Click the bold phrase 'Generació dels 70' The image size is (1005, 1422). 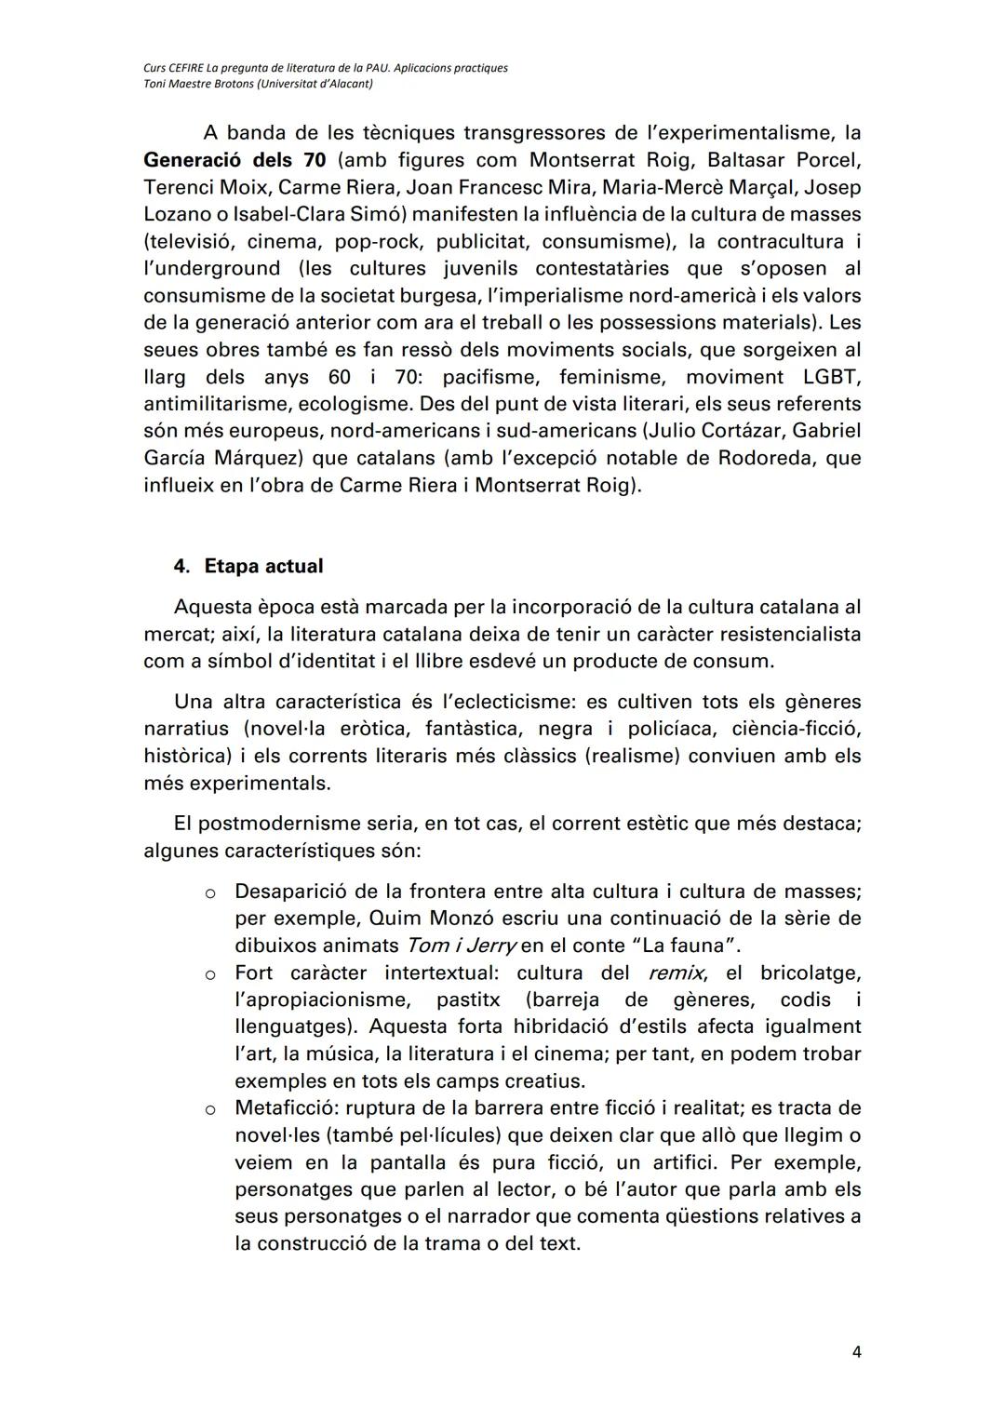[x=234, y=159]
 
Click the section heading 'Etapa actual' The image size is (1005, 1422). [x=263, y=566]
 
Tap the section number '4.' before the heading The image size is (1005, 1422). [x=182, y=566]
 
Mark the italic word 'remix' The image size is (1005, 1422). [x=677, y=973]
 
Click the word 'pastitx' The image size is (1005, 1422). [x=468, y=1000]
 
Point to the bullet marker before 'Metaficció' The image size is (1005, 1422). [x=210, y=1109]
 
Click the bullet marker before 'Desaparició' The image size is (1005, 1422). [x=210, y=892]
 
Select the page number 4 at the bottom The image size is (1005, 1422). [x=856, y=1352]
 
